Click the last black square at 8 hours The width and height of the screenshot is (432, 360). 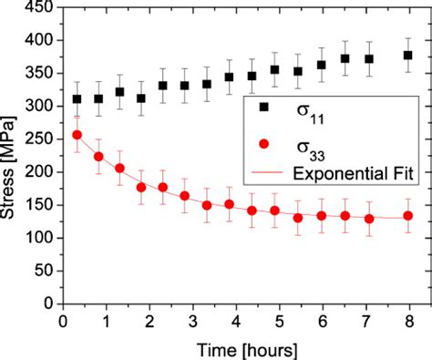point(408,56)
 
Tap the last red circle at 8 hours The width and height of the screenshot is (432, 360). point(408,216)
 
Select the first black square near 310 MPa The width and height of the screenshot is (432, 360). point(77,99)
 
